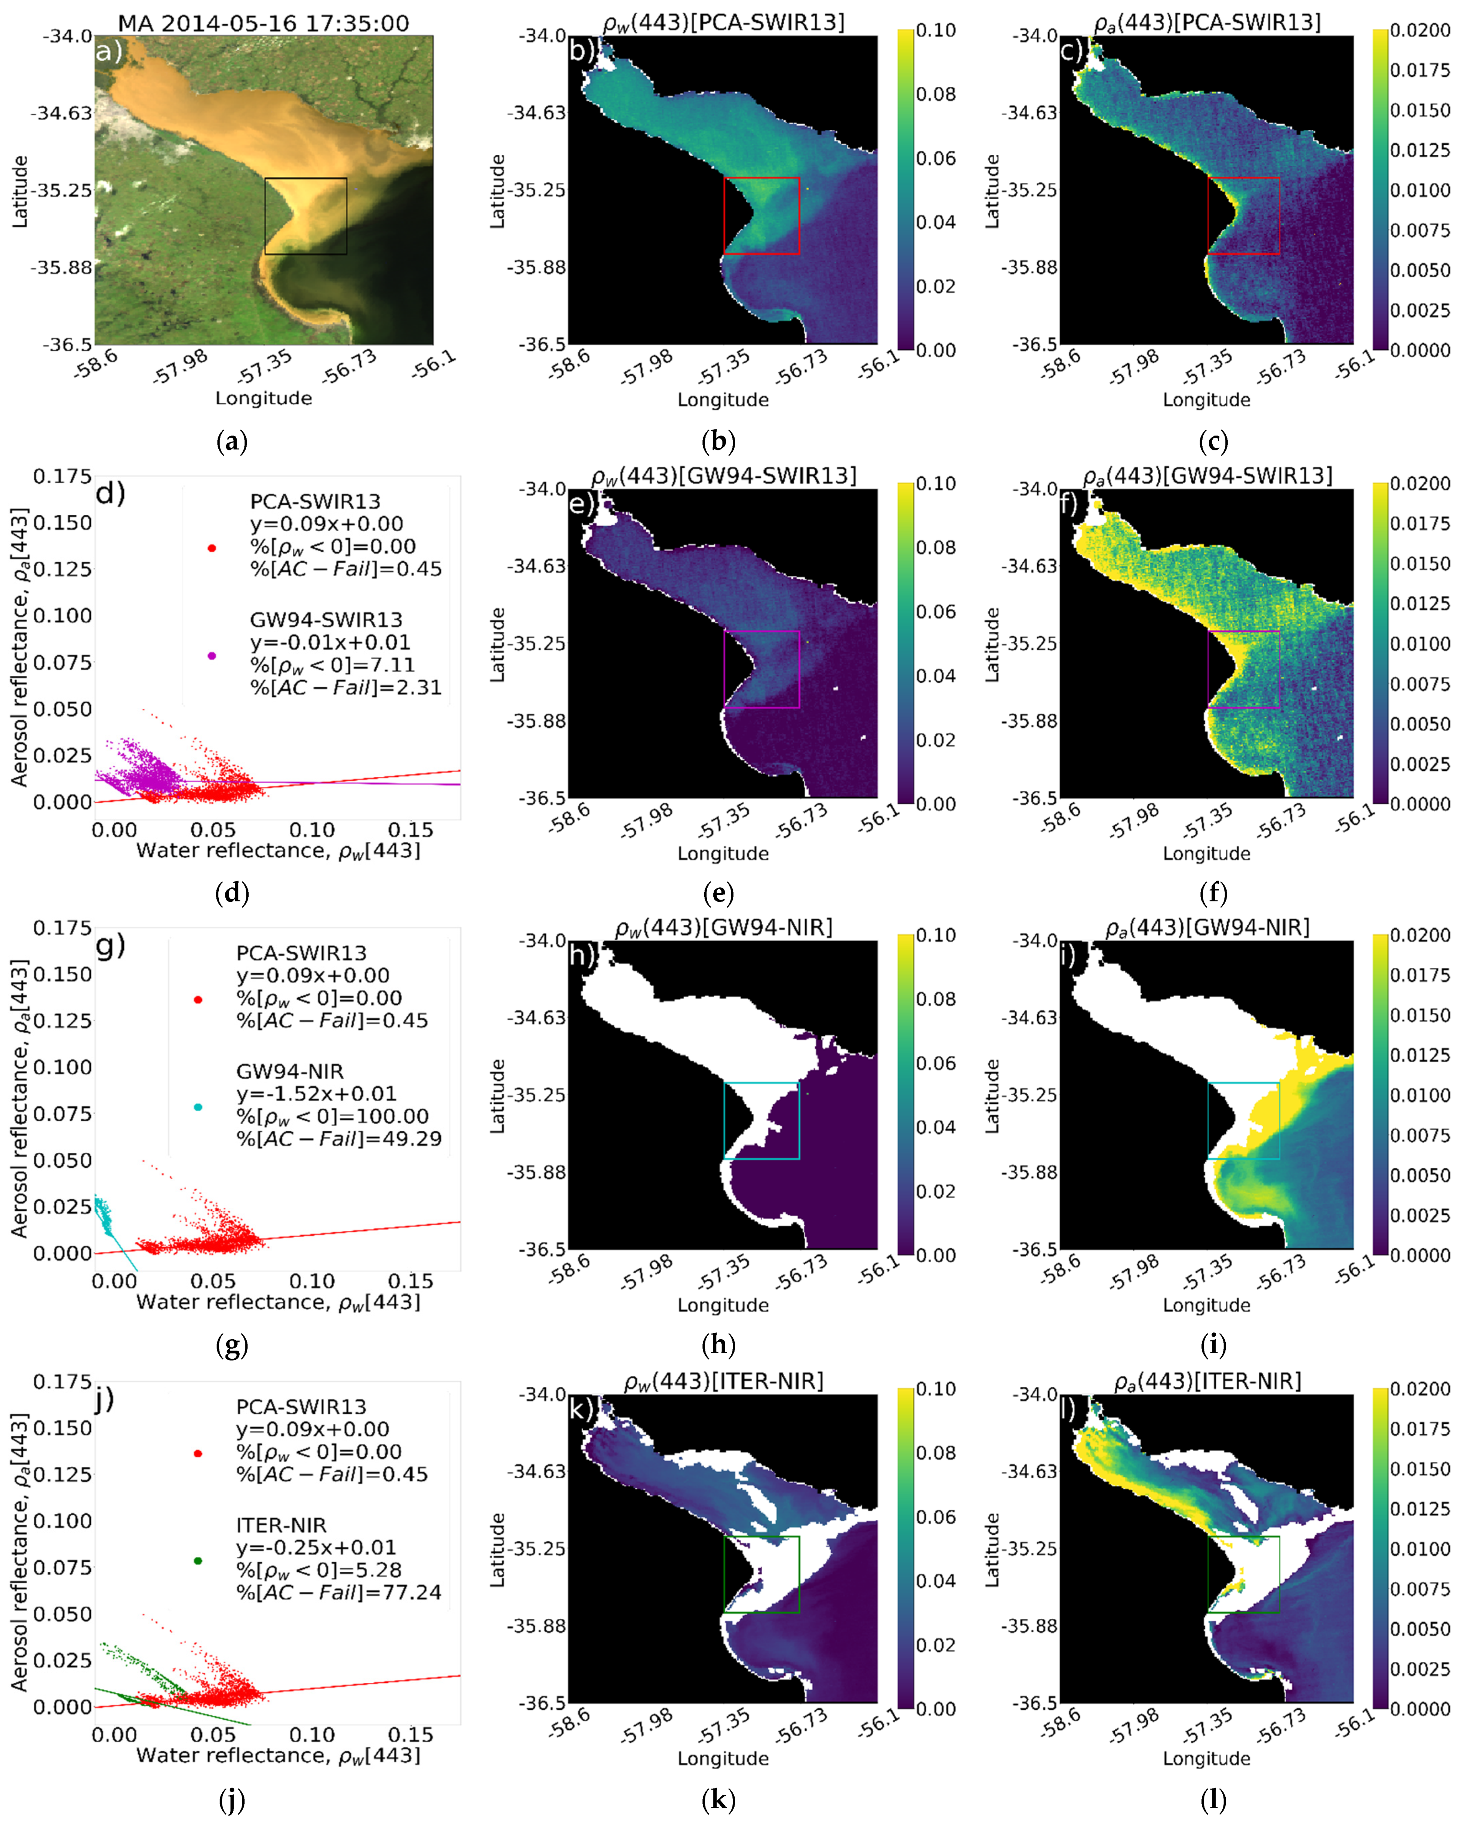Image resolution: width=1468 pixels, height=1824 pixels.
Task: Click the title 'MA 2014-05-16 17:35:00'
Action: (x=263, y=23)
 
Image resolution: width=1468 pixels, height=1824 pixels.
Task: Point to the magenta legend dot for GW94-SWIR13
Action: (x=212, y=656)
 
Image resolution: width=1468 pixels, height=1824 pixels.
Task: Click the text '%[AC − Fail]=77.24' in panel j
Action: (x=338, y=1592)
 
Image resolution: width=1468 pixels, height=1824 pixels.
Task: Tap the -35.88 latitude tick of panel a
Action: (x=61, y=267)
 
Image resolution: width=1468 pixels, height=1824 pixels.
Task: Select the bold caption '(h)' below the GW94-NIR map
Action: (x=717, y=1344)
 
